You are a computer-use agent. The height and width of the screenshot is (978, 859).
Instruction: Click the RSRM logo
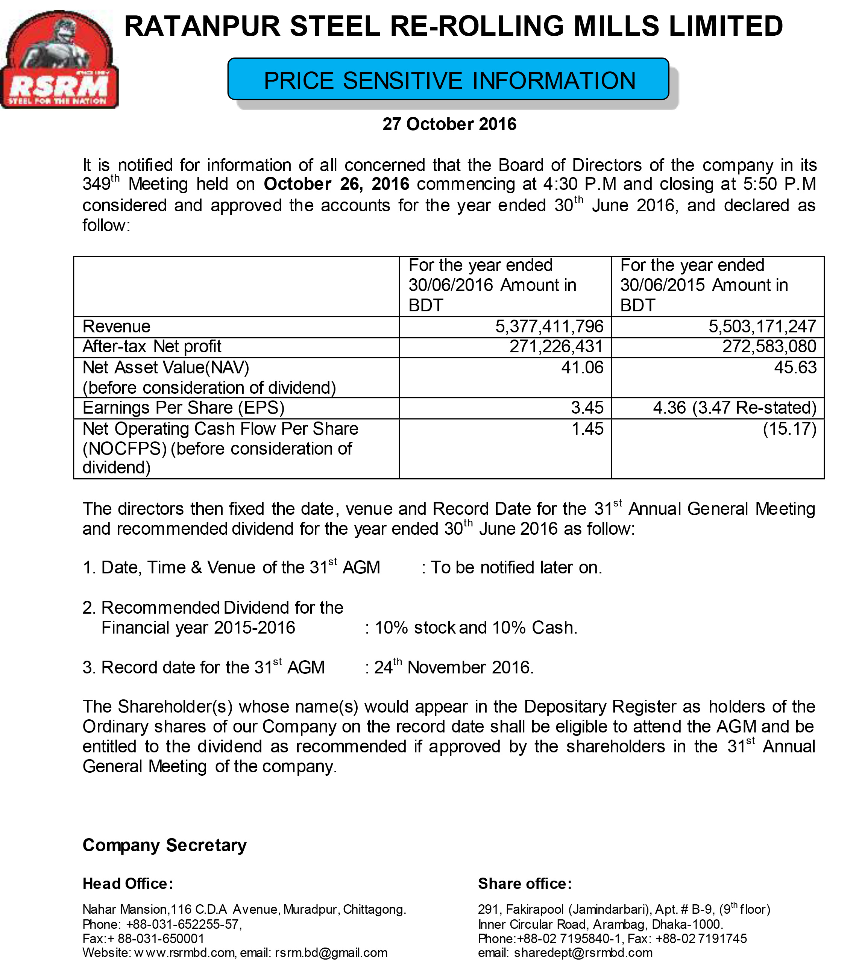(59, 60)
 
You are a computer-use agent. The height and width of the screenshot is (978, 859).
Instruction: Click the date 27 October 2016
(449, 124)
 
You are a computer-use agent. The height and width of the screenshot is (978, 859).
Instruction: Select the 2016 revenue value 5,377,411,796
(549, 326)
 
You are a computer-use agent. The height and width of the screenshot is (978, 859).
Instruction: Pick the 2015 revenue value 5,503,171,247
(762, 326)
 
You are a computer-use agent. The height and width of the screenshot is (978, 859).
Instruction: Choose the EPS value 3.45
(587, 408)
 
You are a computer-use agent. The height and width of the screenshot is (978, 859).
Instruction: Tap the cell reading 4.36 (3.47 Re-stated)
(734, 408)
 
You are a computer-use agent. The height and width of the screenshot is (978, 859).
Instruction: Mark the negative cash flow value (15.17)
(789, 429)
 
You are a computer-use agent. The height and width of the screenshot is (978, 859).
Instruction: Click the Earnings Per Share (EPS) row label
(183, 408)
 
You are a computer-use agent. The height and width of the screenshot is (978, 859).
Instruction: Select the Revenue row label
(116, 326)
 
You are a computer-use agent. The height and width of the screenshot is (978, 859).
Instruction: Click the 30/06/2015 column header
(703, 285)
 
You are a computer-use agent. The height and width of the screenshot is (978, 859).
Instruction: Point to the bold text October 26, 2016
(337, 184)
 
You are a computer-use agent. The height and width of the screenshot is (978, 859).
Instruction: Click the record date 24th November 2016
(453, 667)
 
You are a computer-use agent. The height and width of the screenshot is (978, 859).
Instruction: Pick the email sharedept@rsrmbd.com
(583, 953)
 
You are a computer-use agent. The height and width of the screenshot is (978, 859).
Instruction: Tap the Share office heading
(525, 884)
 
